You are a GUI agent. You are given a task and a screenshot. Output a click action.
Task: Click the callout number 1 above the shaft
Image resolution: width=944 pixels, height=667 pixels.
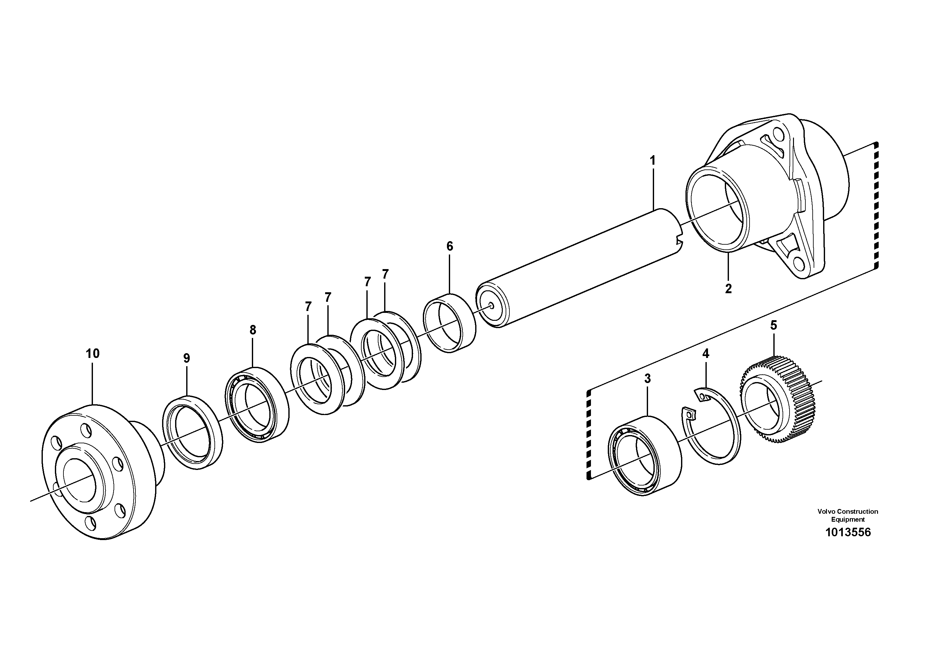[x=652, y=160]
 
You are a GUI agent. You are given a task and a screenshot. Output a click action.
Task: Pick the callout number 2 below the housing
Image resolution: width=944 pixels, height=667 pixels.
[x=728, y=289]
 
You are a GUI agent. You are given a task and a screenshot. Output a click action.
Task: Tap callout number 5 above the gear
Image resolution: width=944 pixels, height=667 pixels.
[x=773, y=325]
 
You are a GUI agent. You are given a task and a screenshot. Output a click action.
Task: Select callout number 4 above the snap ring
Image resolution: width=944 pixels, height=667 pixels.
[x=705, y=354]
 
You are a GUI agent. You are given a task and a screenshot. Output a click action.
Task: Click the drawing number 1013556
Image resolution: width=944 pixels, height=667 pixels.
[x=848, y=532]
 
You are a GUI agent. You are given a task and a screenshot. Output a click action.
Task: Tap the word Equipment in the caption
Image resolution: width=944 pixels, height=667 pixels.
[x=848, y=519]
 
